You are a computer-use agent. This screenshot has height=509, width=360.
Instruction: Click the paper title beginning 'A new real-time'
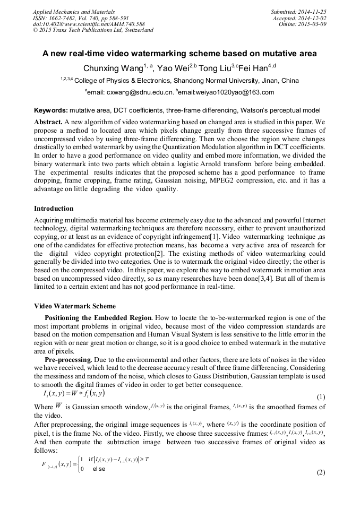179,54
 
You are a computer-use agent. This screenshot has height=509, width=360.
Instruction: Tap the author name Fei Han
253,68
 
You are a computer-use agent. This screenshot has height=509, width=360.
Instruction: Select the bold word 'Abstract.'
48,121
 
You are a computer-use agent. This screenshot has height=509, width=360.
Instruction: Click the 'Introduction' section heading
54,209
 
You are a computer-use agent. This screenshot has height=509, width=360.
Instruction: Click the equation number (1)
321,398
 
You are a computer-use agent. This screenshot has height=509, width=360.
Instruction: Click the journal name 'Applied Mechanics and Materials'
73,11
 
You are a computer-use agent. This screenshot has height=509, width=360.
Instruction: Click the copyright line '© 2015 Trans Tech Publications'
93,30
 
